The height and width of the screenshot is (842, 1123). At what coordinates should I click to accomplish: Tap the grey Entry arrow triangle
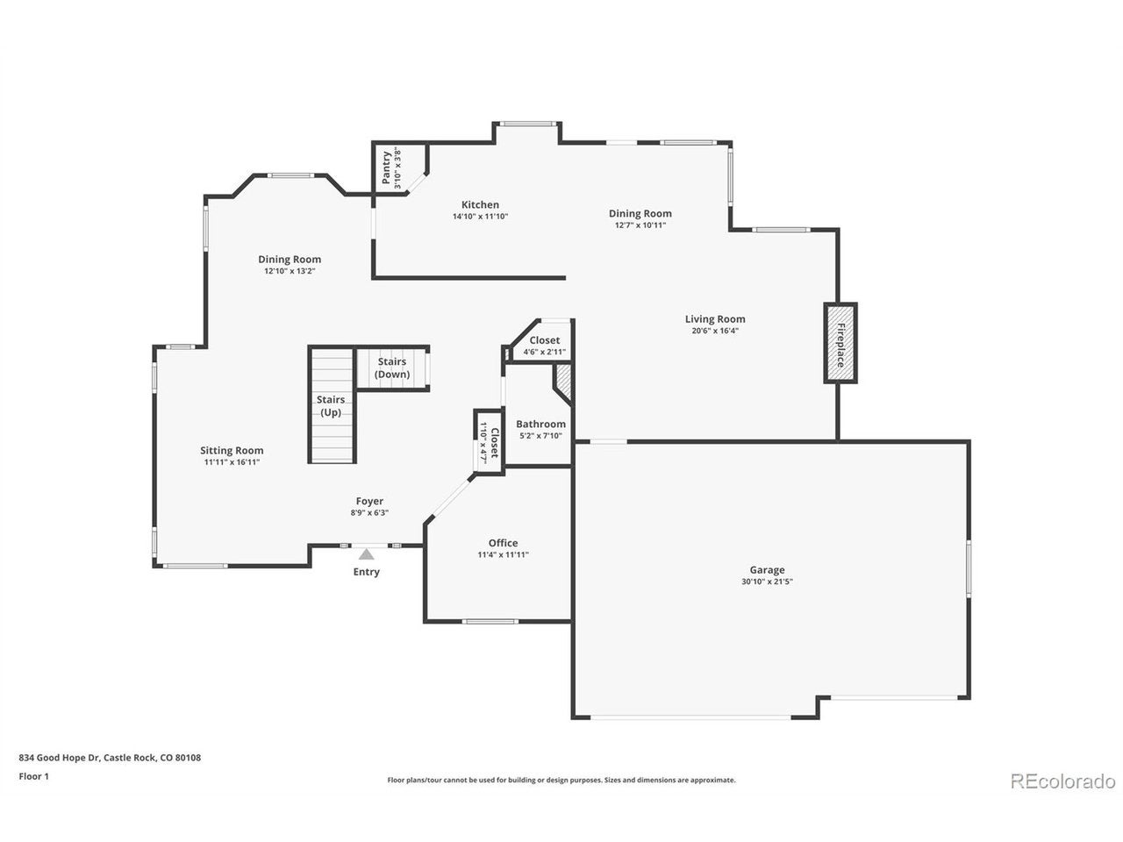coord(366,554)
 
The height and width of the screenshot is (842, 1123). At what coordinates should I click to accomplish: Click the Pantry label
coord(386,168)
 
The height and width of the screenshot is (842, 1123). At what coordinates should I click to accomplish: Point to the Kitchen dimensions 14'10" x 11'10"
coord(480,217)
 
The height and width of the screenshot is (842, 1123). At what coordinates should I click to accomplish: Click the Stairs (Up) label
coord(331,406)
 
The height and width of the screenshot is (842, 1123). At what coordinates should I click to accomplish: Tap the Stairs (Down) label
coord(392,367)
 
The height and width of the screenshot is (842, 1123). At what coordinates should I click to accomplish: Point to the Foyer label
coord(369,501)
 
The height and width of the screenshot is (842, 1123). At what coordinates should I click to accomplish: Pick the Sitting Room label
coord(232,451)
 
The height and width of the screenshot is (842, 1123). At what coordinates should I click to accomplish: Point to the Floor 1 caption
coord(33,776)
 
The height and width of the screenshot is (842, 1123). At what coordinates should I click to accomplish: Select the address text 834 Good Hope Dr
coord(60,757)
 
